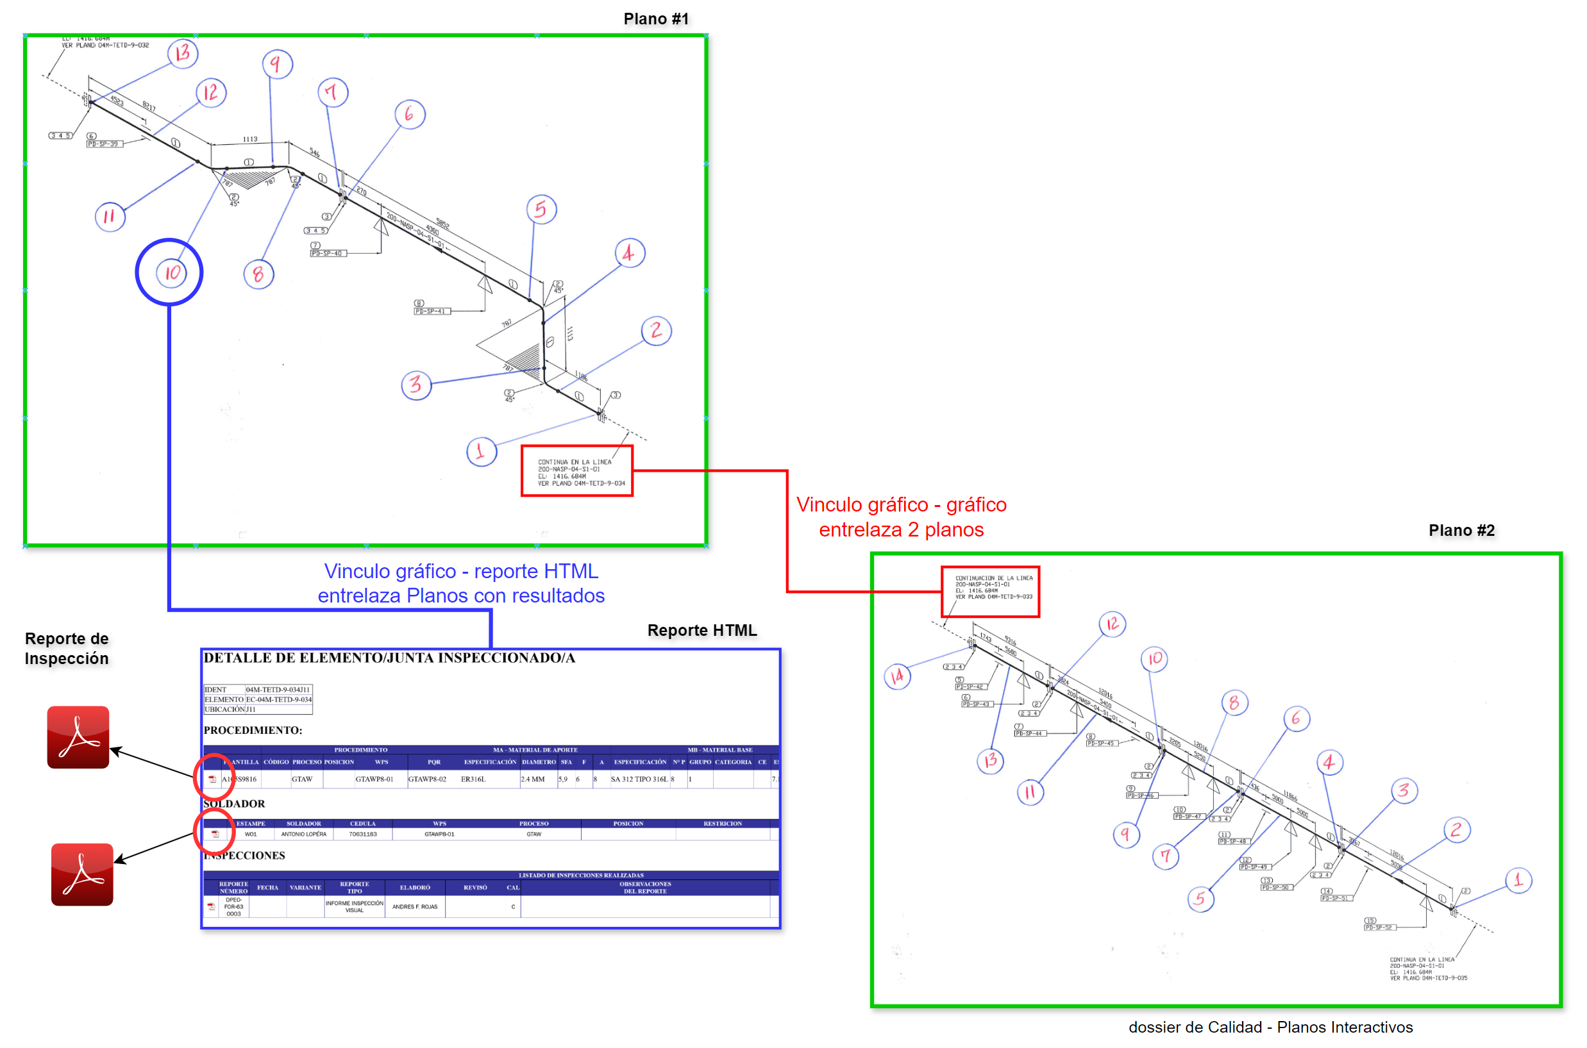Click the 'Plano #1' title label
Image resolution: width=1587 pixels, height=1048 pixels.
[655, 19]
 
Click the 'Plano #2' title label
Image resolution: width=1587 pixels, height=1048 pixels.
[1461, 530]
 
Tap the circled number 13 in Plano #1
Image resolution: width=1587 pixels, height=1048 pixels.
[183, 53]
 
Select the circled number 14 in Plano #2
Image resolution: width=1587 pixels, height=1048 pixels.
[896, 676]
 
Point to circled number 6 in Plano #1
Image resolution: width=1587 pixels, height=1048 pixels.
[410, 113]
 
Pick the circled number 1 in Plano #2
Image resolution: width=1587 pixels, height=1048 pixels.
[1518, 879]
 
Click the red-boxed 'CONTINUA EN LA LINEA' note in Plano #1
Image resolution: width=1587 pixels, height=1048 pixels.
[576, 471]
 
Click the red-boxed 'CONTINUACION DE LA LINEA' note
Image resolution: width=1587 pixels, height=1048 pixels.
[990, 592]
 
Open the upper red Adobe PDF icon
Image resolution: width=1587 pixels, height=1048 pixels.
[78, 736]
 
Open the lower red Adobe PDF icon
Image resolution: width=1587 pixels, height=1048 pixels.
[81, 874]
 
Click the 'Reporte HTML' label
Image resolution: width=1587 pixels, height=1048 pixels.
[701, 630]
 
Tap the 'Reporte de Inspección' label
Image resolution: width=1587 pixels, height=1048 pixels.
[66, 648]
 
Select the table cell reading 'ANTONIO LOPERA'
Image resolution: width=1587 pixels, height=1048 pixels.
[303, 834]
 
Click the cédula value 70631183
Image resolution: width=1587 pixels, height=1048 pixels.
[362, 834]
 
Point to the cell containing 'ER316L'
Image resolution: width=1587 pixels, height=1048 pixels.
[473, 779]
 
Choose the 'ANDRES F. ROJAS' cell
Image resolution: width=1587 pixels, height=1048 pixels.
[414, 907]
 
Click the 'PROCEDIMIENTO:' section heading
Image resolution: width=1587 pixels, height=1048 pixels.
[253, 731]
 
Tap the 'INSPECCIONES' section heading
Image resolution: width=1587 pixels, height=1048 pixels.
[246, 856]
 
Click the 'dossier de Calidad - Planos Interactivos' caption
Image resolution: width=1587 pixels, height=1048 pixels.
[1270, 1027]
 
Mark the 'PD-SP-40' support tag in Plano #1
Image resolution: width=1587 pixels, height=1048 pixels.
[328, 253]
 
